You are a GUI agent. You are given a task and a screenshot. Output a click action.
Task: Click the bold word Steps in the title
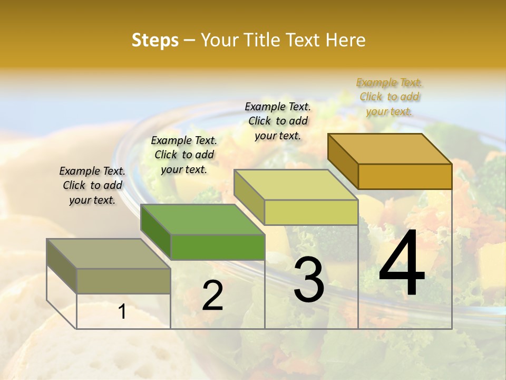[x=155, y=40]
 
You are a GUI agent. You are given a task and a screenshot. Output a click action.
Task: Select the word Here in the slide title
[x=345, y=40]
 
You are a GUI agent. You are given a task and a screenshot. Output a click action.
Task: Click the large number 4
[x=402, y=264]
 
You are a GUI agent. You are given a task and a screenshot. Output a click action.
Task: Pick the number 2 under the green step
[x=212, y=296]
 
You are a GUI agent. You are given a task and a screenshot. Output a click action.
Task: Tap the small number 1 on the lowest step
[x=122, y=311]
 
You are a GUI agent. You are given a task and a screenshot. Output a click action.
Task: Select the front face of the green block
[x=218, y=247]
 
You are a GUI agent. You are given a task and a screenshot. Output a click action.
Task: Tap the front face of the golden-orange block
[x=405, y=176]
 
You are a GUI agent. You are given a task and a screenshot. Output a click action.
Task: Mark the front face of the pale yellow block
[x=311, y=212]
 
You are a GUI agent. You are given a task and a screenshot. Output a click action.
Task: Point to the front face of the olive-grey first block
[x=124, y=281]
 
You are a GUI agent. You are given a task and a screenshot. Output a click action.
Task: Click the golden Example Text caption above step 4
[x=390, y=97]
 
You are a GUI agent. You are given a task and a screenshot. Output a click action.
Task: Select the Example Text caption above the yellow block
[x=278, y=121]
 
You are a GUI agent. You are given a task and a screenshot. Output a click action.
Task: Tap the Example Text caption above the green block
[x=184, y=155]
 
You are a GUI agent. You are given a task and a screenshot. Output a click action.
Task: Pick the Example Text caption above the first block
[x=92, y=185]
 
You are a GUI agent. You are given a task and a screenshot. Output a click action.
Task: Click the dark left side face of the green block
[x=156, y=232]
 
